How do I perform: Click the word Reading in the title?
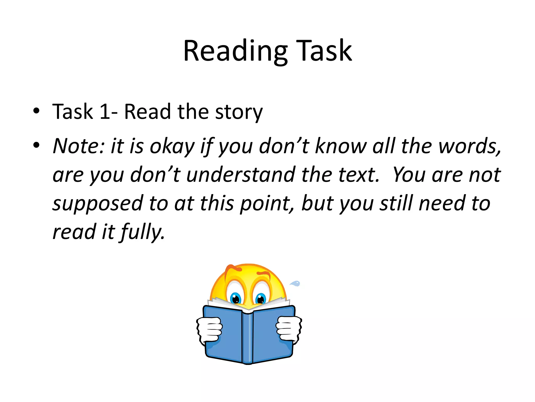235,51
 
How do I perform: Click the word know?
341,146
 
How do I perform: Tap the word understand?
240,175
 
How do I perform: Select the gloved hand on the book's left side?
209,329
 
